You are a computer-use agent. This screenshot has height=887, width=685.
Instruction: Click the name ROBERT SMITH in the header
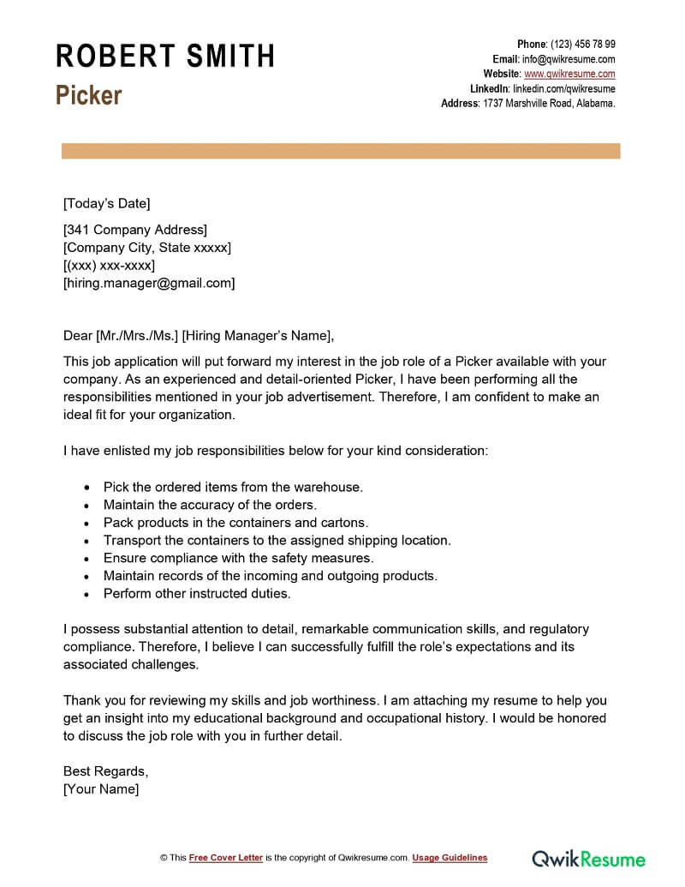[165, 57]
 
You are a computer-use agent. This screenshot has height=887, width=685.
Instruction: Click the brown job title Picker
[89, 95]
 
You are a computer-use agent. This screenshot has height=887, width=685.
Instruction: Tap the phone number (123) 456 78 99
[582, 45]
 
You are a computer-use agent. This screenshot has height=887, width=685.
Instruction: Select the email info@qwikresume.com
[569, 59]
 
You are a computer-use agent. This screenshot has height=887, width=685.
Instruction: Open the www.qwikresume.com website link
[569, 74]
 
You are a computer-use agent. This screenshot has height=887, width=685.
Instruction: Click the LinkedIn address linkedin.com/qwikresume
[563, 88]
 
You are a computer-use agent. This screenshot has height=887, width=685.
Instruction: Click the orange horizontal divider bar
[341, 151]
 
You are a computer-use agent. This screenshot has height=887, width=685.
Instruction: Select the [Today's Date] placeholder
[106, 203]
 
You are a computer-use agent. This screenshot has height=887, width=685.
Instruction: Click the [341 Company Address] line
[135, 230]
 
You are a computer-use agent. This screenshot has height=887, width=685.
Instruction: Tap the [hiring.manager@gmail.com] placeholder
[149, 283]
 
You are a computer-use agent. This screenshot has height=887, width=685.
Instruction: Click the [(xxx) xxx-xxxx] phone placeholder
[109, 265]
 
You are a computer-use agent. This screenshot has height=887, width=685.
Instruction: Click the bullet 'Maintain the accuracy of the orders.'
[210, 505]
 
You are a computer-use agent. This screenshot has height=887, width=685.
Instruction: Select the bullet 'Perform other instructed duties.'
[197, 593]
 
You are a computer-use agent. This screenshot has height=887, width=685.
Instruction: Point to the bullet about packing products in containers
[235, 522]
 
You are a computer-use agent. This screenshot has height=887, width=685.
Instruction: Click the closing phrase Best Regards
[105, 771]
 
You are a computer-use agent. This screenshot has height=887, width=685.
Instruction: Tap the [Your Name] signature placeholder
[101, 789]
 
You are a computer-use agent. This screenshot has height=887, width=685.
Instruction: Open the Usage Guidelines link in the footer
[450, 858]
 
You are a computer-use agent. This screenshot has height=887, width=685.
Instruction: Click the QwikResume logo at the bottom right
[589, 858]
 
